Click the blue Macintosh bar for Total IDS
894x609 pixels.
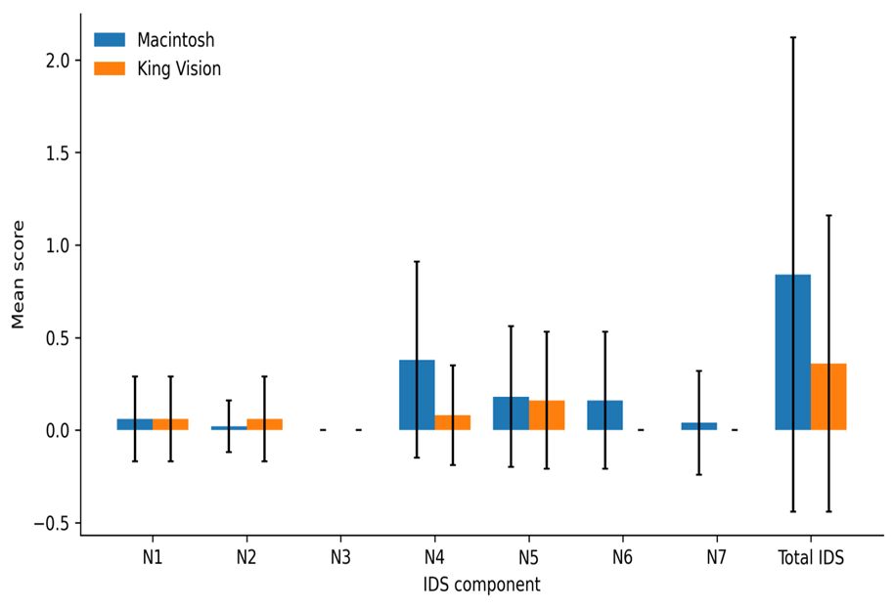point(792,352)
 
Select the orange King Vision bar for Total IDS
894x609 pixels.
point(828,397)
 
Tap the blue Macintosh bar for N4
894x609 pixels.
point(417,395)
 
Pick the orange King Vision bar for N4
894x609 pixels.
point(453,422)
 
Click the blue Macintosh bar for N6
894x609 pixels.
point(604,415)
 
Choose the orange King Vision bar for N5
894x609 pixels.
point(547,415)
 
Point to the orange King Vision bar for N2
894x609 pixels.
point(264,424)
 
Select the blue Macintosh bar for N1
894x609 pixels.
point(135,424)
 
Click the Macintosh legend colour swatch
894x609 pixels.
point(110,39)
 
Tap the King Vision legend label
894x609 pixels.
point(179,69)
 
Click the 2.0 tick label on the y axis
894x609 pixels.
point(57,61)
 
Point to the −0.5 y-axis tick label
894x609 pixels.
point(51,523)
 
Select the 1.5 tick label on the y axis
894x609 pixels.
point(57,152)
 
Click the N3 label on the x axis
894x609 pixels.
point(340,556)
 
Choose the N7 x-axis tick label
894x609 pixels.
point(716,556)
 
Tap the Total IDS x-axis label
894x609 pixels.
point(811,556)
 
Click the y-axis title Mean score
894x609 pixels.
point(19,275)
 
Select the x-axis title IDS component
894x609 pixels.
point(482,585)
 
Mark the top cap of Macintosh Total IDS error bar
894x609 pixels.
point(792,37)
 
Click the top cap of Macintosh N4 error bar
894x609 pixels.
point(417,261)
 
